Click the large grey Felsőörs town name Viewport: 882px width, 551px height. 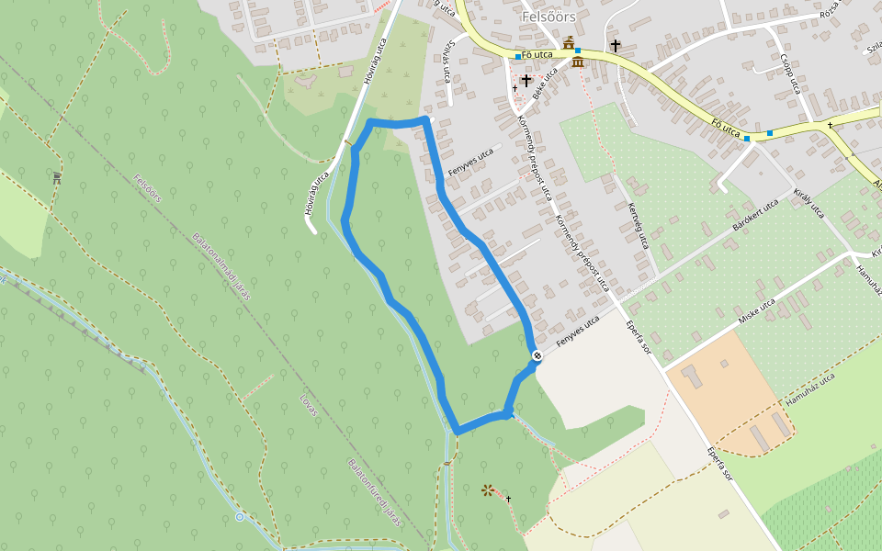pos(548,16)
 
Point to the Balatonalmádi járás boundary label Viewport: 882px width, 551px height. pos(221,265)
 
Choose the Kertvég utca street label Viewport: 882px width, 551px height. pos(638,226)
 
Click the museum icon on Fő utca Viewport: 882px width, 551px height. pos(578,62)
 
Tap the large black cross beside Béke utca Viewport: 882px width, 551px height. pos(526,81)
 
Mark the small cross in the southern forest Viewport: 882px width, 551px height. pos(507,499)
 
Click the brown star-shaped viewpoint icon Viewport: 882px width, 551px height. pos(486,490)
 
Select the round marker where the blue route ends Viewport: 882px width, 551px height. pos(537,356)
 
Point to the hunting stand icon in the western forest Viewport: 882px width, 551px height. pos(57,178)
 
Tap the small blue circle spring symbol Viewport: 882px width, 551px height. pos(240,517)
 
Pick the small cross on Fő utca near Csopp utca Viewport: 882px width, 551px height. pos(830,125)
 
